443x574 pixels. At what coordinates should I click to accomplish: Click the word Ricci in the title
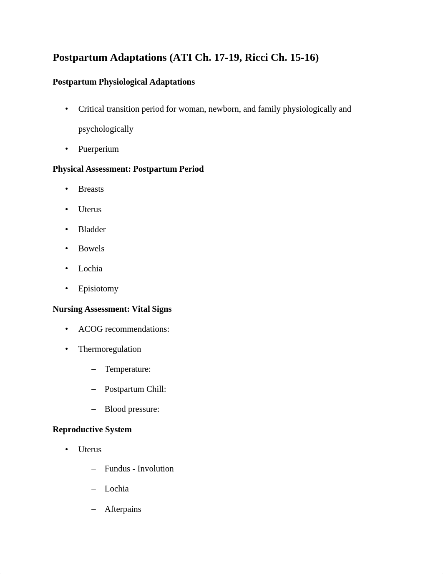coord(256,58)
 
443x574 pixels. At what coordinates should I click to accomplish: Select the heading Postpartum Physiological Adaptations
coord(123,82)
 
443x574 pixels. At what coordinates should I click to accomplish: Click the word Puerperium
coord(98,149)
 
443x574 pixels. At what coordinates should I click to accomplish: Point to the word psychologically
coord(106,129)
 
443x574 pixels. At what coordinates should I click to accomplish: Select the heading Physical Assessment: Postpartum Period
coord(128,169)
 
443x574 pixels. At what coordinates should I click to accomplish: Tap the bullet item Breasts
coord(91,189)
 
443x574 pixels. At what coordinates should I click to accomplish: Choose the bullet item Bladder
coord(92,230)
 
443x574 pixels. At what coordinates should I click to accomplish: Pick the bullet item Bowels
coord(91,249)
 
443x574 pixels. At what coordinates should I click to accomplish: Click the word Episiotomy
coord(98,289)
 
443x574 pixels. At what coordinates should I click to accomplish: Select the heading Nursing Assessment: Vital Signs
coord(112,309)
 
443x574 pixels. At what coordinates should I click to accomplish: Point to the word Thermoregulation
coord(110,349)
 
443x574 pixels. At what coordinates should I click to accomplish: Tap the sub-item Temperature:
coord(128,369)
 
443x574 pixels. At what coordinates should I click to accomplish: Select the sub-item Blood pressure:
coord(132,409)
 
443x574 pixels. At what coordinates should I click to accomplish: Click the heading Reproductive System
coord(92,430)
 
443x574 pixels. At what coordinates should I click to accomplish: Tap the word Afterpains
coord(123,509)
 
